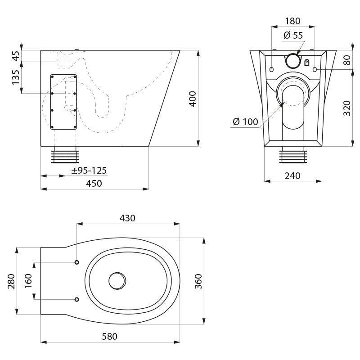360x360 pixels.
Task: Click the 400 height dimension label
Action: (x=193, y=99)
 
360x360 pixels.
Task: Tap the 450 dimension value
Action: (x=94, y=184)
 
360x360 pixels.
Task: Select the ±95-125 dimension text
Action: (x=89, y=171)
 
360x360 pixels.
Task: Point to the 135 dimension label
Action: (x=16, y=77)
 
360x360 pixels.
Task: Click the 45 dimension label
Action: (x=16, y=56)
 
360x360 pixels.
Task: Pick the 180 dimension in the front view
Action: (x=293, y=21)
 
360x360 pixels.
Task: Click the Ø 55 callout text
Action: (x=293, y=35)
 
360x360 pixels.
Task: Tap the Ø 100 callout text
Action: (x=245, y=121)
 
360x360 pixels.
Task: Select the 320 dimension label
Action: (x=346, y=108)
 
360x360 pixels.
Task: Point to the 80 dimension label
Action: (x=346, y=60)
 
